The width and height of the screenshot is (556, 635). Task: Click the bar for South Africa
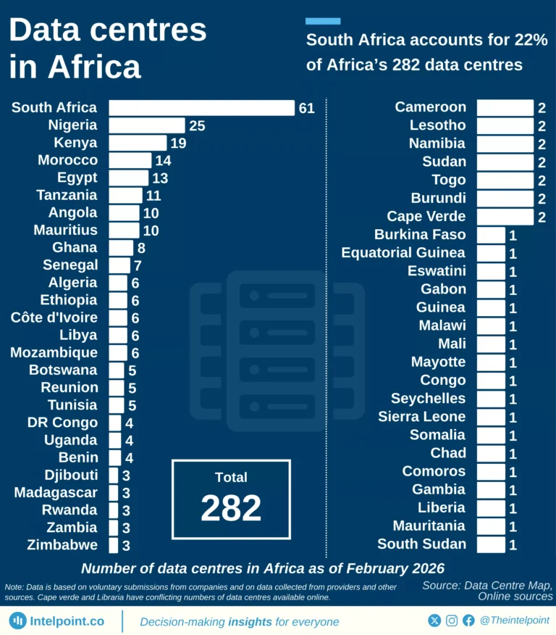click(201, 108)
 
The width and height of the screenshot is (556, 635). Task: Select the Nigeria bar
click(147, 125)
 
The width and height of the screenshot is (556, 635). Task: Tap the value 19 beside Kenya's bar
click(178, 143)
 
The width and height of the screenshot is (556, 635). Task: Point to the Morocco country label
click(67, 160)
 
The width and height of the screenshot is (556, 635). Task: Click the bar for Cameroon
click(505, 107)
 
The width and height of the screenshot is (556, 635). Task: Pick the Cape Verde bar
click(505, 216)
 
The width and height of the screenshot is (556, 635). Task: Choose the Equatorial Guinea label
click(403, 253)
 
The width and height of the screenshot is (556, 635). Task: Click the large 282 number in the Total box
click(231, 508)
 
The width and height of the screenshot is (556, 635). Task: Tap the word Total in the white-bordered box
click(231, 477)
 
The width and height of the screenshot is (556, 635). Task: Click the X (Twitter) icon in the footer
click(434, 621)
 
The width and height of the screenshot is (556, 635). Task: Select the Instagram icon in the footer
click(452, 621)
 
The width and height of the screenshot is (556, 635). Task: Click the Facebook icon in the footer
click(468, 621)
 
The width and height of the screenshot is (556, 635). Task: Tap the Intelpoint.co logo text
click(67, 621)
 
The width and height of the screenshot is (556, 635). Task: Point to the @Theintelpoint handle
click(514, 621)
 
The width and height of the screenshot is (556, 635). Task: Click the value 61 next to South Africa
click(306, 108)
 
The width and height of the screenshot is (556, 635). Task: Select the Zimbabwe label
click(62, 545)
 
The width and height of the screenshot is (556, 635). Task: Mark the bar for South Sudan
click(491, 544)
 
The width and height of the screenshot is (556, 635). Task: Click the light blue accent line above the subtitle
click(323, 21)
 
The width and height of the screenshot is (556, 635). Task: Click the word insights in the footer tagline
click(250, 621)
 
